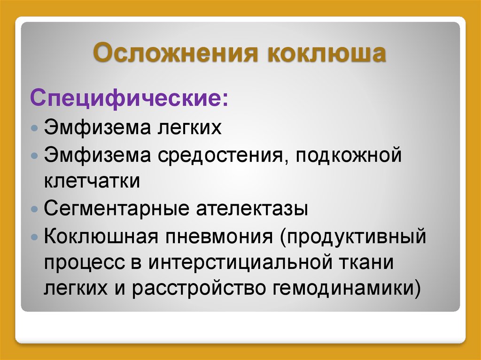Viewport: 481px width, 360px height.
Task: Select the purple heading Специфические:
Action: pyautogui.click(x=129, y=98)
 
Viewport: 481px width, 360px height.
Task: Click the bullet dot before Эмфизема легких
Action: pyautogui.click(x=35, y=128)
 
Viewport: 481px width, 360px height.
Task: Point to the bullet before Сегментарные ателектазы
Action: pyautogui.click(x=35, y=209)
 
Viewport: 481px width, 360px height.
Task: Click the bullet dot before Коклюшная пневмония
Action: pyautogui.click(x=35, y=237)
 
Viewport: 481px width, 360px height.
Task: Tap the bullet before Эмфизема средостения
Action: pyautogui.click(x=35, y=155)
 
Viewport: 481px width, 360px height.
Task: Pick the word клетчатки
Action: pyautogui.click(x=92, y=181)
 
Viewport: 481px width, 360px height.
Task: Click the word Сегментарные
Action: pyautogui.click(x=116, y=209)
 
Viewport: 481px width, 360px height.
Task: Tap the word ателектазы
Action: pyautogui.click(x=252, y=209)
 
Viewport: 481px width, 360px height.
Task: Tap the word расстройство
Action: pyautogui.click(x=199, y=289)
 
